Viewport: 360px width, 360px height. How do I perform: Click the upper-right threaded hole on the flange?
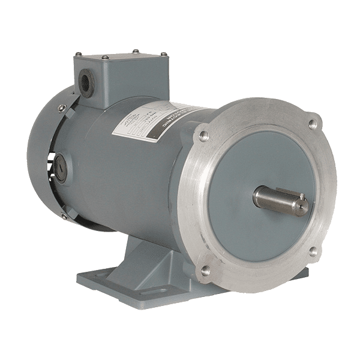click(x=312, y=124)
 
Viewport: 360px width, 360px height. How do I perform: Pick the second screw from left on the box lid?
click(x=106, y=58)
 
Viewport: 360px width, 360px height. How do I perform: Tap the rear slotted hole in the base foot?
click(x=90, y=277)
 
